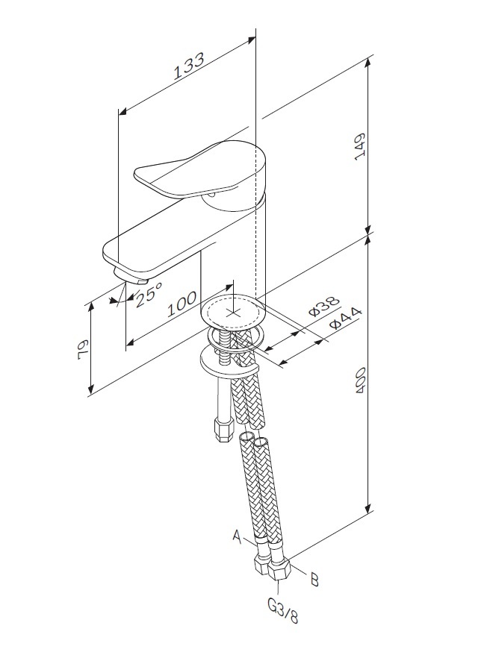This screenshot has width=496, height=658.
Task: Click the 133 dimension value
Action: (189, 66)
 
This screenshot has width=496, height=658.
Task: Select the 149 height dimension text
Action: (361, 146)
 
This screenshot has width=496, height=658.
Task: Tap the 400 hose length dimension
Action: (361, 380)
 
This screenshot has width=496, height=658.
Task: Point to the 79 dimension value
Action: (83, 349)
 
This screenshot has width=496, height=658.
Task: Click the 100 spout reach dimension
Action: (182, 304)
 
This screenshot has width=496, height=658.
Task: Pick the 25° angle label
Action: (149, 293)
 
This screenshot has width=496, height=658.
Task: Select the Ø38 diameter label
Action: (323, 306)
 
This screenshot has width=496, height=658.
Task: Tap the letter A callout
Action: (238, 536)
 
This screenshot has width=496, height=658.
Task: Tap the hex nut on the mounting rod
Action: (223, 429)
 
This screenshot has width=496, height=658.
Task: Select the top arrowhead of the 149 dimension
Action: (368, 61)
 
